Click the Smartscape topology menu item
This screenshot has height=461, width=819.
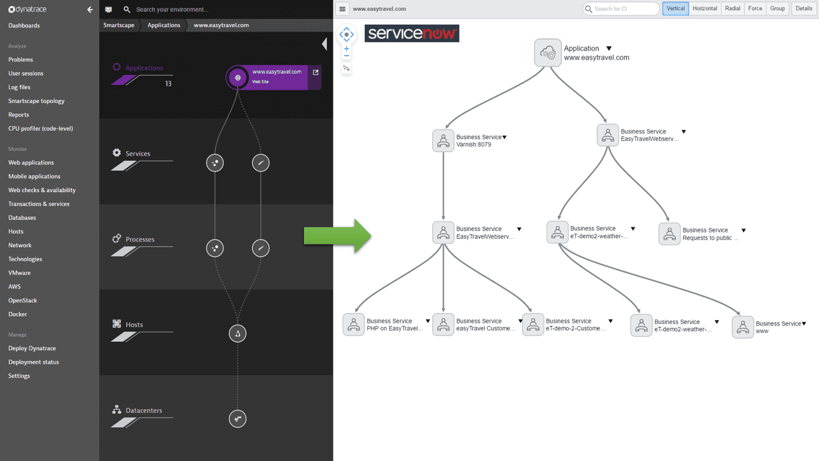(x=36, y=101)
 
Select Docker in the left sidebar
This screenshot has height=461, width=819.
(x=17, y=314)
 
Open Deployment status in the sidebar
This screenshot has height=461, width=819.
(x=34, y=362)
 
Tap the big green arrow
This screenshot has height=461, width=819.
(x=337, y=236)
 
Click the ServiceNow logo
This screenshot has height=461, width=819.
(x=411, y=33)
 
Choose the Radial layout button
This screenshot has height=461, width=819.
(x=733, y=8)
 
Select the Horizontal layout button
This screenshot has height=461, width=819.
(x=704, y=8)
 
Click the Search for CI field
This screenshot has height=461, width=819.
(x=621, y=9)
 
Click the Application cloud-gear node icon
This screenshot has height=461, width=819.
(x=548, y=53)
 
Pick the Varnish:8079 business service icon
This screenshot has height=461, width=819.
(x=443, y=140)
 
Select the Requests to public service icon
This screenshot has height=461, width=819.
(x=669, y=234)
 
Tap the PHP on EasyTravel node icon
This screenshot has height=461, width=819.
(x=354, y=325)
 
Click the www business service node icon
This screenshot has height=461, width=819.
(x=743, y=327)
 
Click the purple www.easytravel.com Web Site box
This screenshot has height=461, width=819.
(x=274, y=77)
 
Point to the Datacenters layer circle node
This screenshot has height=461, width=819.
(x=237, y=419)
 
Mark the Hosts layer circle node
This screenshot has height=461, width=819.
(x=237, y=334)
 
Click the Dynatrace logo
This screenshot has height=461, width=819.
(x=28, y=9)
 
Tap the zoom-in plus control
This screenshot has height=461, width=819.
(x=347, y=49)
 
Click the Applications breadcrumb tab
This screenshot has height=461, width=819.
(x=164, y=25)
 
